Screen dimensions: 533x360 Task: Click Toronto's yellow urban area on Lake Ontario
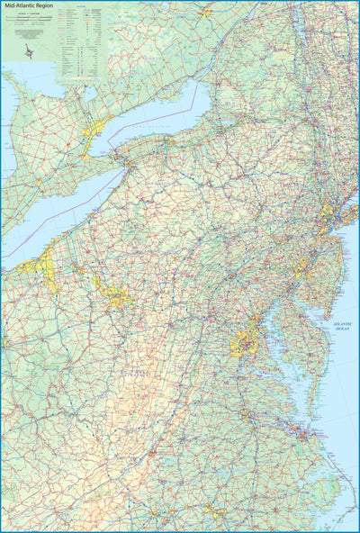pos(98,125)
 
